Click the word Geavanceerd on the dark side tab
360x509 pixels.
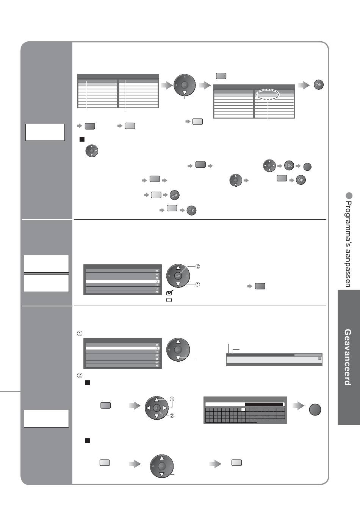click(x=347, y=357)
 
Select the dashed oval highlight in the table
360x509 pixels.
click(x=267, y=93)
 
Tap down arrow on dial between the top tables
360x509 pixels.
click(x=185, y=93)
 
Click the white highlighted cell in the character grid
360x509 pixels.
click(x=244, y=410)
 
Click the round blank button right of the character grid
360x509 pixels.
click(x=315, y=409)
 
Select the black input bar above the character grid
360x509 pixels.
click(x=264, y=404)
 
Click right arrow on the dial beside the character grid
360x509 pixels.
click(x=165, y=408)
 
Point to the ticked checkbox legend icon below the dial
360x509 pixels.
click(x=169, y=292)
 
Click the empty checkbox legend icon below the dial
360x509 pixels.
click(x=169, y=300)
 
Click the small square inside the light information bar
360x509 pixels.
click(x=319, y=358)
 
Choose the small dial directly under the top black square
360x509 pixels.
click(x=92, y=151)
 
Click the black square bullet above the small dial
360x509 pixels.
click(x=81, y=139)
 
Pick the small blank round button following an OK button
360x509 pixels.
click(x=307, y=166)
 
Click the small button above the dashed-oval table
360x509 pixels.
click(x=221, y=76)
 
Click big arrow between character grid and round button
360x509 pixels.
click(x=299, y=406)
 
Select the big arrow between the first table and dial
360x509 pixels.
click(x=166, y=86)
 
